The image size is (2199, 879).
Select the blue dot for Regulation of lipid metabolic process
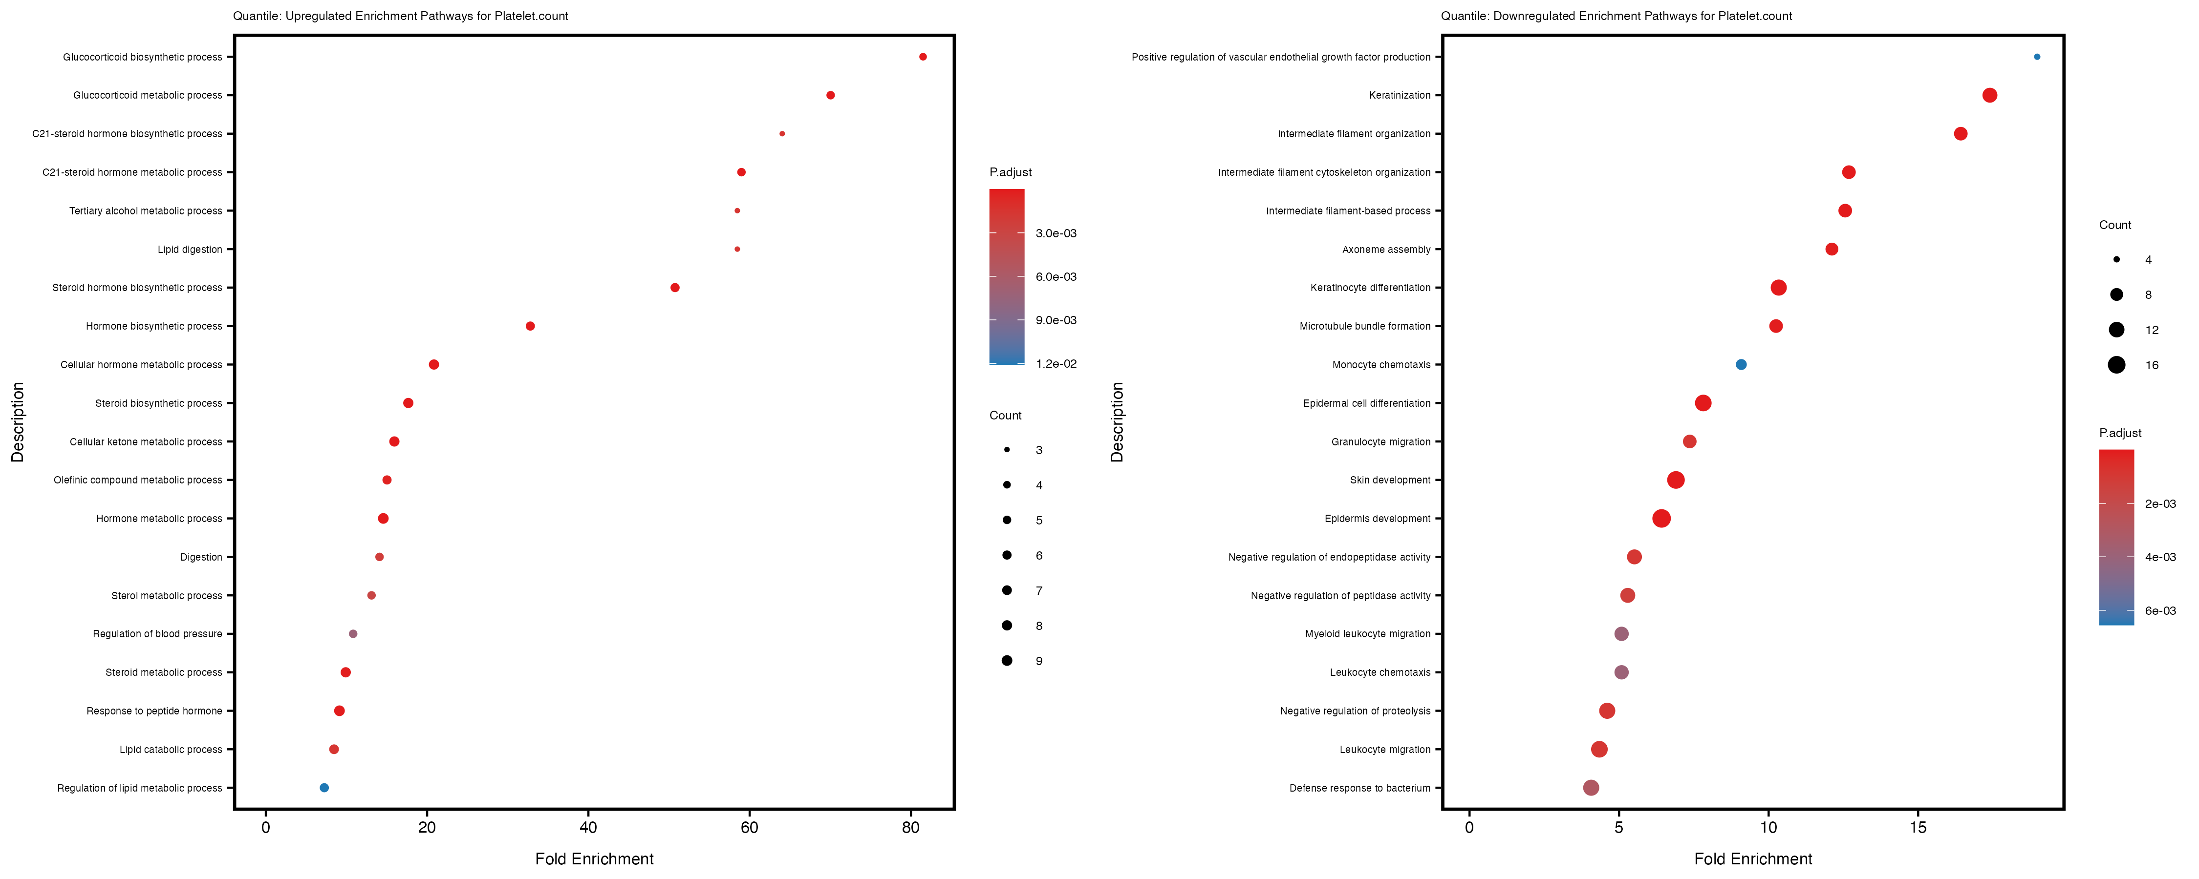click(x=324, y=788)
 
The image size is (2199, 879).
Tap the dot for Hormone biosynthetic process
click(x=530, y=326)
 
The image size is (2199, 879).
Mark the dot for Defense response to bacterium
click(x=1591, y=788)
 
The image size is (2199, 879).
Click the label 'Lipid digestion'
click(x=190, y=249)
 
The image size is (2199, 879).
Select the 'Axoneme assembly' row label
click(x=1386, y=249)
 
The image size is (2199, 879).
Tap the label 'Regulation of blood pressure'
click(x=157, y=634)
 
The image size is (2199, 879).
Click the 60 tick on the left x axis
click(x=750, y=828)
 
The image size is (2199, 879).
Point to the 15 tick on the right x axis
click(x=1918, y=828)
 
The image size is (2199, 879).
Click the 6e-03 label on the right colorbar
click(x=2160, y=611)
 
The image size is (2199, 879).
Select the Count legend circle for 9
click(x=1007, y=661)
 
